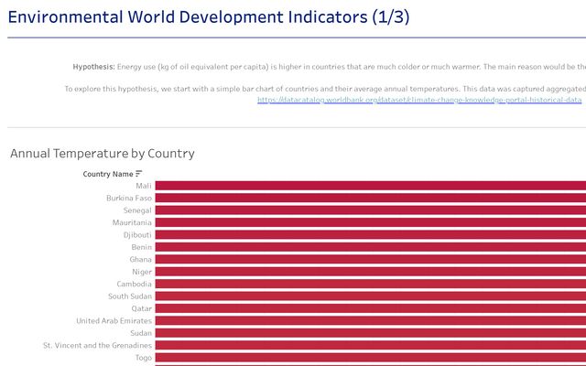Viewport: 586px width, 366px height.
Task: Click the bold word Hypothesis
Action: (94, 67)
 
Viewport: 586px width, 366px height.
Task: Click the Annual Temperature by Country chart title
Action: (103, 154)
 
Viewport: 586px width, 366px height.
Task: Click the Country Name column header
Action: (107, 174)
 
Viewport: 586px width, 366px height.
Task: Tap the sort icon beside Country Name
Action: (139, 174)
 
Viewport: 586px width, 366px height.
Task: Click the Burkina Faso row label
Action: (129, 199)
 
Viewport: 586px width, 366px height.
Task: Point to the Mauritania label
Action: (132, 222)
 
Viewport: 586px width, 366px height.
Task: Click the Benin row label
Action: (141, 247)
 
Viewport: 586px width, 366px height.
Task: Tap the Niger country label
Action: (141, 272)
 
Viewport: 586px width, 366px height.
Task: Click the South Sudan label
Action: (130, 296)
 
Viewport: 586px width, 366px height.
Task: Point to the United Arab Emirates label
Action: (114, 321)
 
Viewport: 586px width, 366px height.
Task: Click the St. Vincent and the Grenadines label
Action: (98, 346)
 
